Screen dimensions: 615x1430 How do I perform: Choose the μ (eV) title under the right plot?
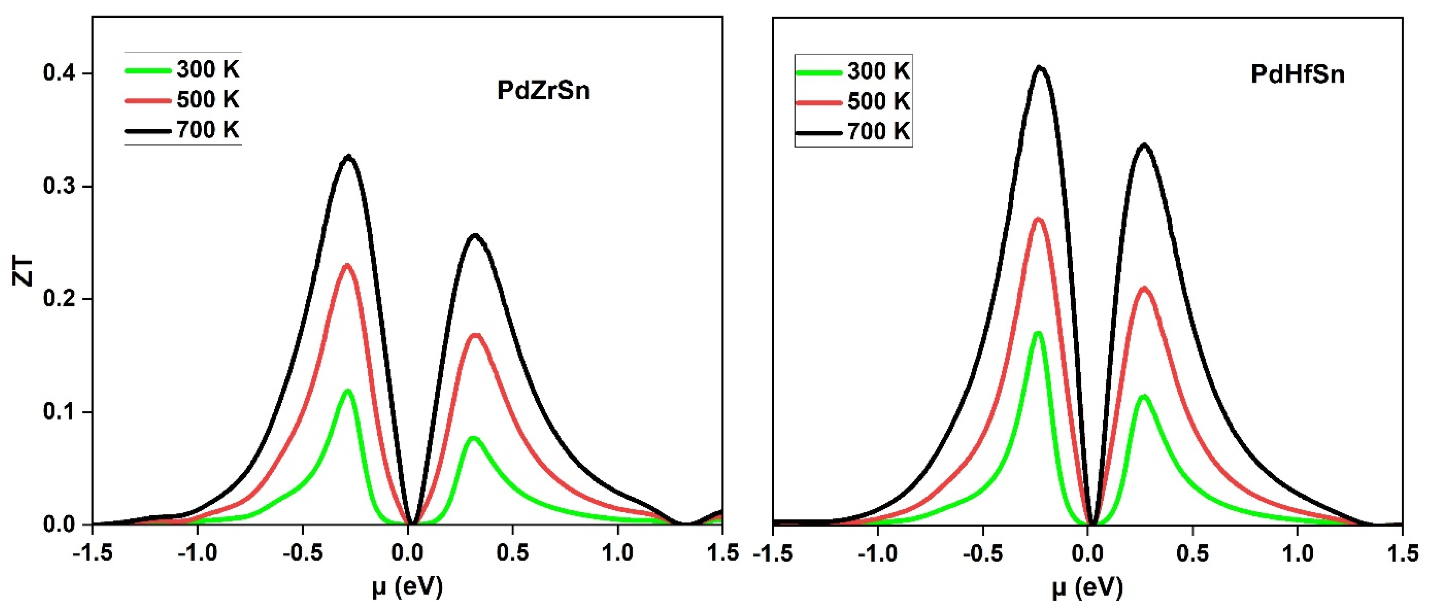coord(1087,587)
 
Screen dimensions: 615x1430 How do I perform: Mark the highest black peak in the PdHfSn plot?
coord(1040,68)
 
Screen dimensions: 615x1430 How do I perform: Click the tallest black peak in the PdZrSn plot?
coord(349,157)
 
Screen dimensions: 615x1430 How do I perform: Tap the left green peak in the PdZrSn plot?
coord(348,391)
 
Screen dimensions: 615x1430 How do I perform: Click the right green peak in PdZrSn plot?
coord(473,438)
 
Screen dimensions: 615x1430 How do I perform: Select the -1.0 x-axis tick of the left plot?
coord(198,553)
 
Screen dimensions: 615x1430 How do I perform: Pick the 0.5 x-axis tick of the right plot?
coord(1192,553)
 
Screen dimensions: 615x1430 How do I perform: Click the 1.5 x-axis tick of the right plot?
coord(1402,553)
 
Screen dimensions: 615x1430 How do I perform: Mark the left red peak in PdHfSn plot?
coord(1038,219)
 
